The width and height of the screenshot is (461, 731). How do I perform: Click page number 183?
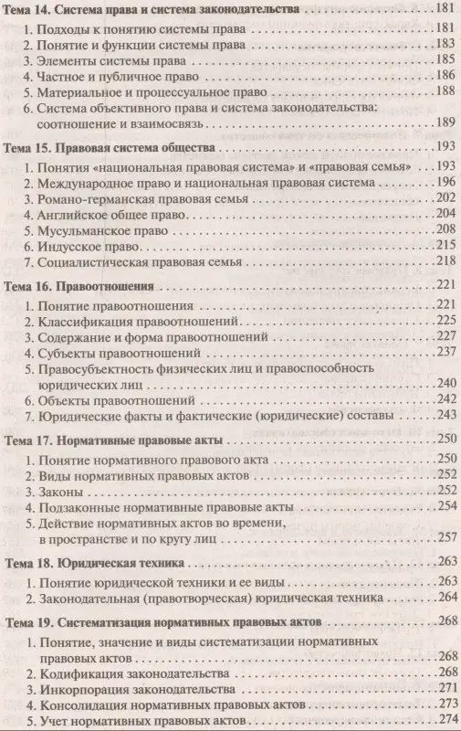[x=443, y=43]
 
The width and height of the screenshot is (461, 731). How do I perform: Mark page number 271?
[x=443, y=686]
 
